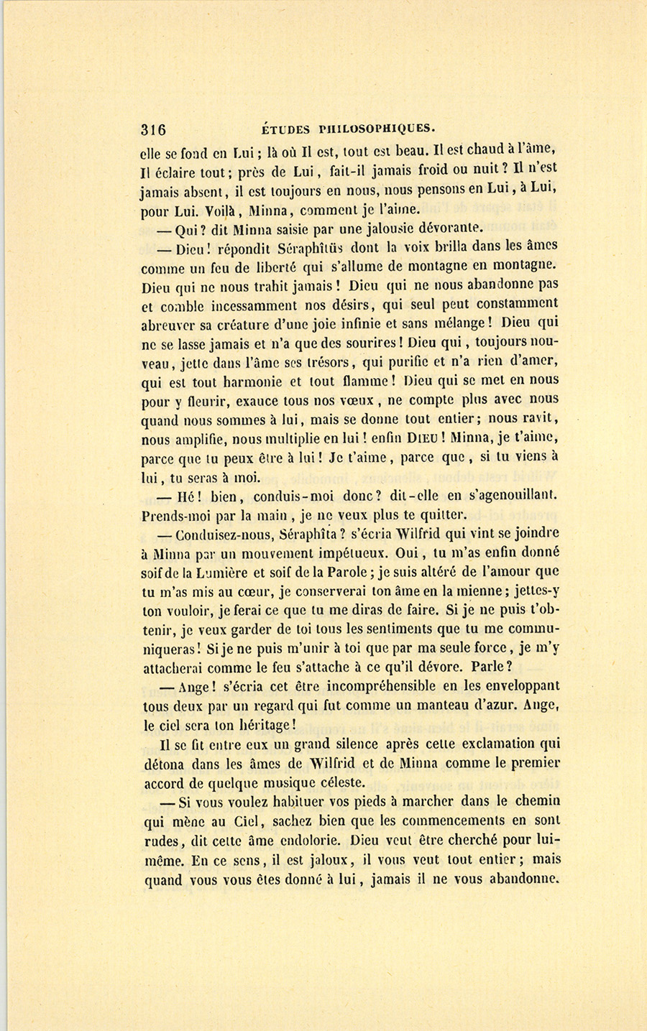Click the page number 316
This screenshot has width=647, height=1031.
click(x=153, y=130)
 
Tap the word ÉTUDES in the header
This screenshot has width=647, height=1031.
click(x=286, y=130)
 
